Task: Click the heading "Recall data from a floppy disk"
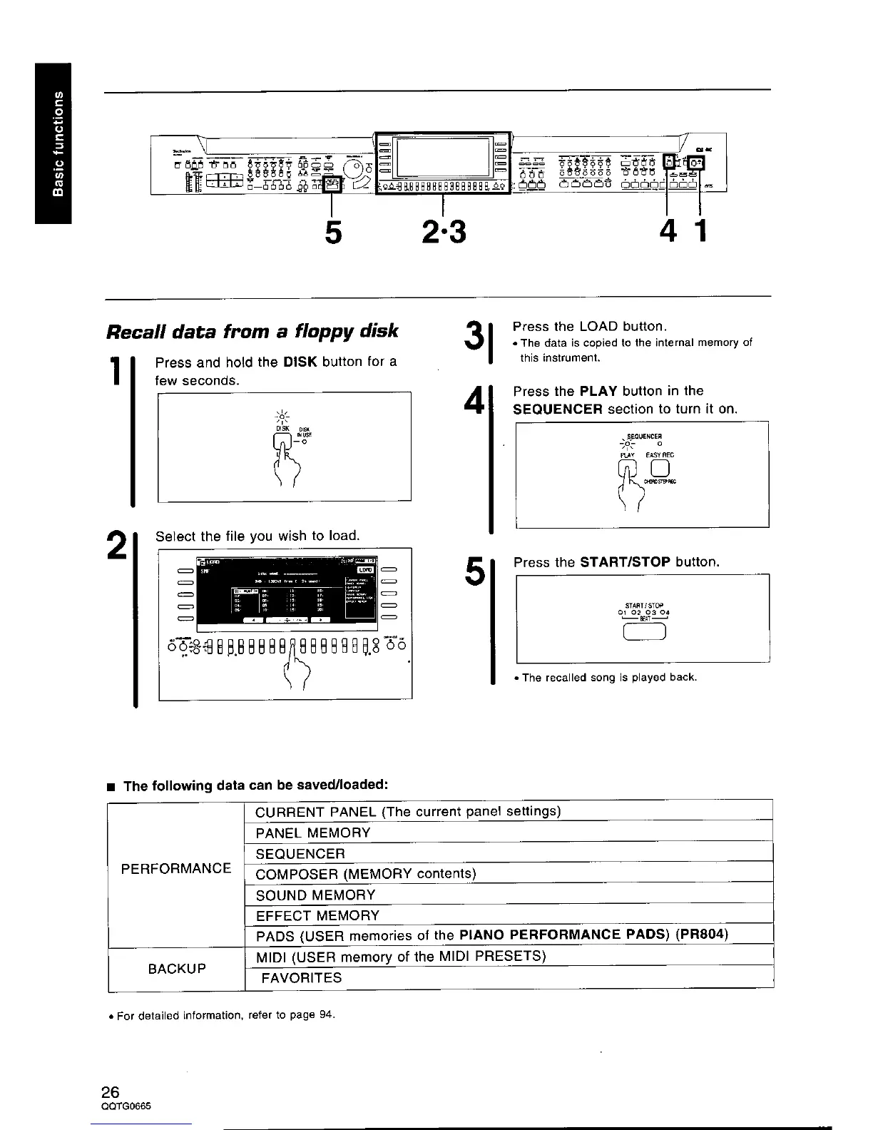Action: tap(251, 332)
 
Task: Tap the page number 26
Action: tap(111, 1092)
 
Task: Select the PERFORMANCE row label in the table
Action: tap(176, 868)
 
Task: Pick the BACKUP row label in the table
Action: tap(177, 968)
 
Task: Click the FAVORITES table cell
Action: tap(302, 978)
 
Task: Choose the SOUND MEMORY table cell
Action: tap(315, 895)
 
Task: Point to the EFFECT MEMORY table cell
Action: tap(317, 915)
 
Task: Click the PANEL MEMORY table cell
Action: tap(313, 833)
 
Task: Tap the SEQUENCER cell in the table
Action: tap(300, 854)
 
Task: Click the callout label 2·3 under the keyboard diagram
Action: tap(443, 230)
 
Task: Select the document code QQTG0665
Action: tap(128, 1106)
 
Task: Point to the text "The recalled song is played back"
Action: tap(608, 677)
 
